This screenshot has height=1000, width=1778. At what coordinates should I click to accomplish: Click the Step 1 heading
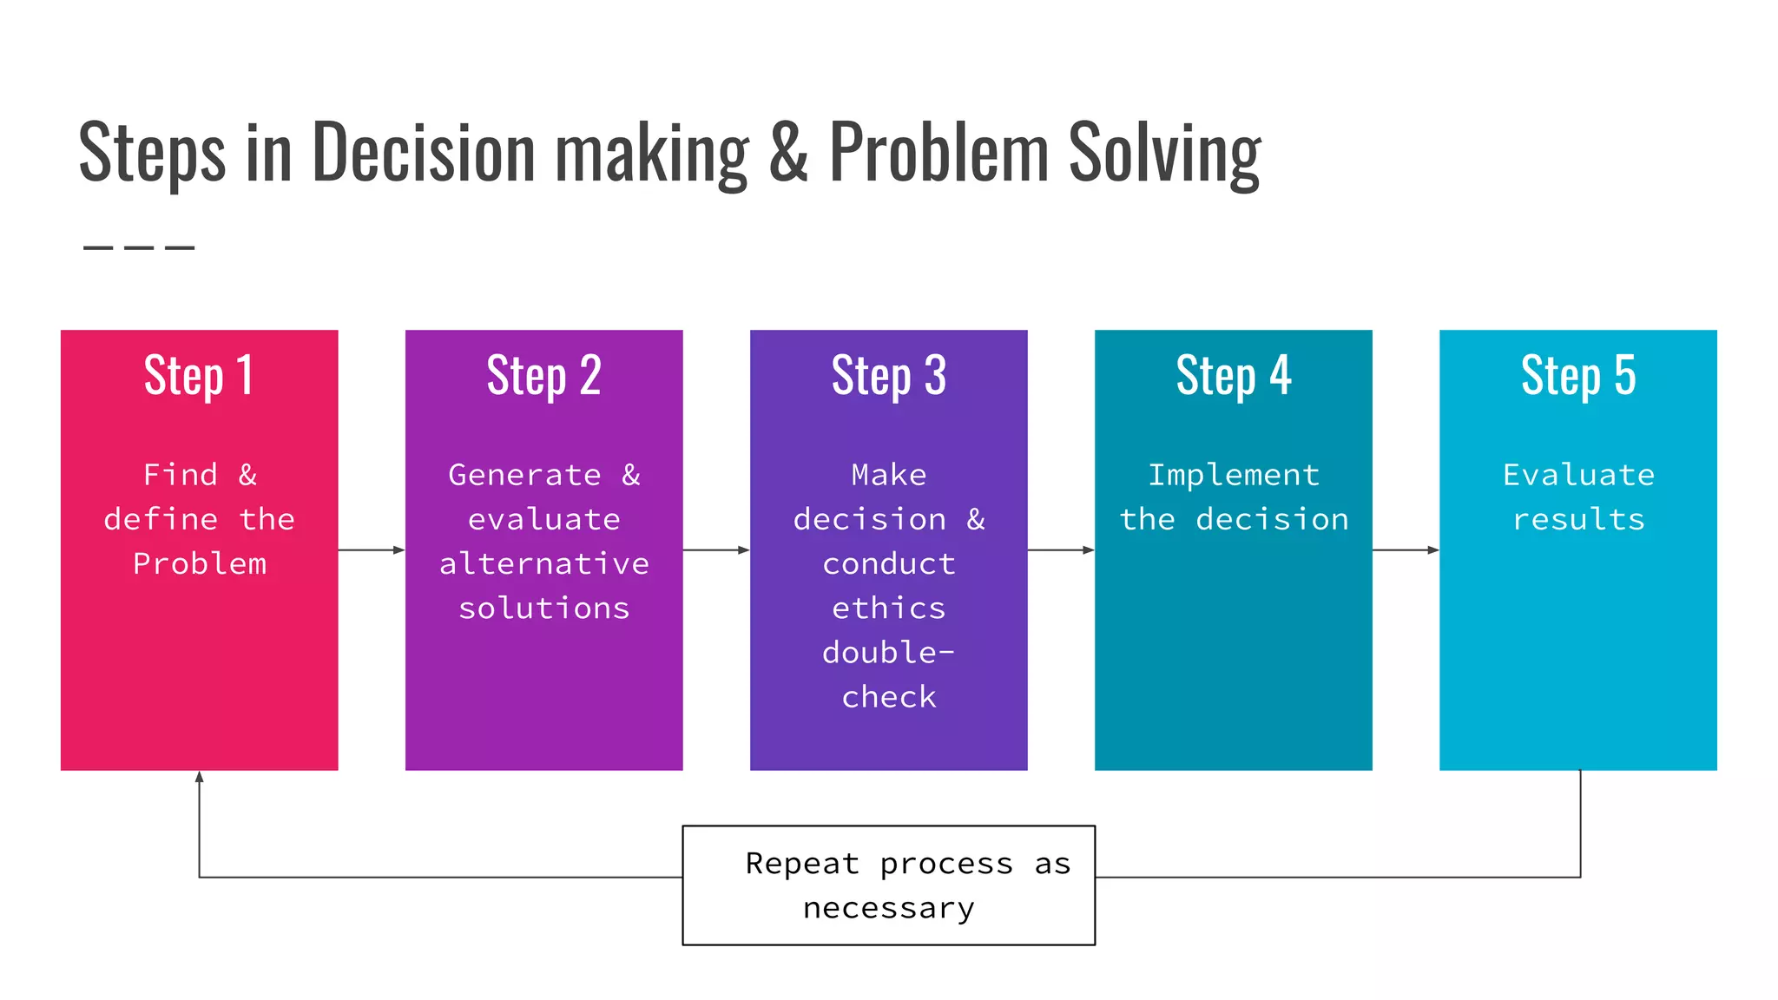(199, 376)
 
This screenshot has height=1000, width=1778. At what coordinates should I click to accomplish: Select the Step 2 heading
(543, 376)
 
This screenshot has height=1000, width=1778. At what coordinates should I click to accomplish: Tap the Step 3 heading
(888, 376)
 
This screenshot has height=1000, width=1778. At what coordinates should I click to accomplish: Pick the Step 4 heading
(1233, 376)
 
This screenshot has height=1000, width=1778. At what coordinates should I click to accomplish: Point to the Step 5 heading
(1577, 376)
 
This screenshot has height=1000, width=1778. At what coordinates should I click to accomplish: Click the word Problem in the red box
(200, 564)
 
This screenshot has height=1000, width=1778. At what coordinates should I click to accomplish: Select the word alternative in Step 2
(543, 564)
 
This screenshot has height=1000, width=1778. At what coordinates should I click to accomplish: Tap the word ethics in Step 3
(888, 609)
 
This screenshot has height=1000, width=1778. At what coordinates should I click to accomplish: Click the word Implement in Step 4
(1233, 475)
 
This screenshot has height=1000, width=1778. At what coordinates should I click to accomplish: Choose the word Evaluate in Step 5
(1577, 475)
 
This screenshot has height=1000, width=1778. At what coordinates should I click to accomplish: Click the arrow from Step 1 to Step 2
(372, 549)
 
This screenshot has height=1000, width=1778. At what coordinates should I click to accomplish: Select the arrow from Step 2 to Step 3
(716, 549)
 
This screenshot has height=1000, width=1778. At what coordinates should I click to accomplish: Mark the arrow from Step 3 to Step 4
(1061, 549)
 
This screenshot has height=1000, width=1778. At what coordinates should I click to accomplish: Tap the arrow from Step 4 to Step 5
(1406, 549)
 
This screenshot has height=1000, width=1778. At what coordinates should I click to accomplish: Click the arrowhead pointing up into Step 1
(200, 777)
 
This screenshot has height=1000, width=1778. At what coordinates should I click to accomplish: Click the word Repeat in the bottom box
(802, 864)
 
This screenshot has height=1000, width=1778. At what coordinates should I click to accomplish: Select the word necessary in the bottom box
(888, 908)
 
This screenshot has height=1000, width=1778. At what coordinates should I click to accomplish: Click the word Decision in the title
(423, 153)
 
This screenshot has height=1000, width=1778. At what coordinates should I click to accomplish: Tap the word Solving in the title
(1164, 153)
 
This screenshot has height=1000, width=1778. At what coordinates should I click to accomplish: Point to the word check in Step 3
(888, 697)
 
